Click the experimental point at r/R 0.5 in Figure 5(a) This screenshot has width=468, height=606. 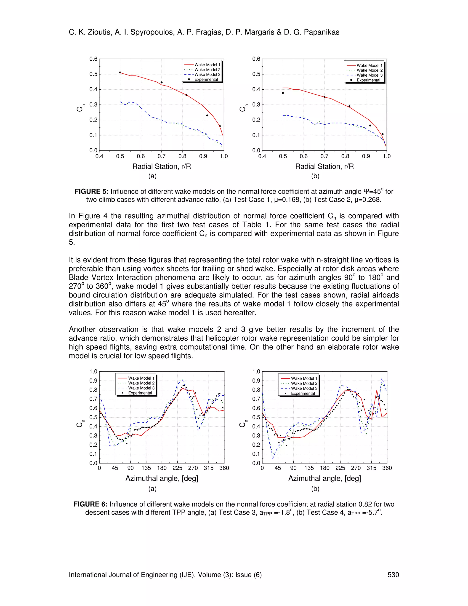120,72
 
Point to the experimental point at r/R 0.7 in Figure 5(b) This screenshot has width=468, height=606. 324,97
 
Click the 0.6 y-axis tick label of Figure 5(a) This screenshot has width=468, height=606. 93,59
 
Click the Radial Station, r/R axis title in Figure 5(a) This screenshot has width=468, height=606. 161,166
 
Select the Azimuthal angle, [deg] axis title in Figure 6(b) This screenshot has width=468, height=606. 324,478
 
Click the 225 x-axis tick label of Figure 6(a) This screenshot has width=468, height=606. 177,468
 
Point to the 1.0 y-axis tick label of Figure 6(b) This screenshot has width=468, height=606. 256,372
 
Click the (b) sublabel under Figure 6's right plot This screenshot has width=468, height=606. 315,489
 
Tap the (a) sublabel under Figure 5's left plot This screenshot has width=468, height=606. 152,176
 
